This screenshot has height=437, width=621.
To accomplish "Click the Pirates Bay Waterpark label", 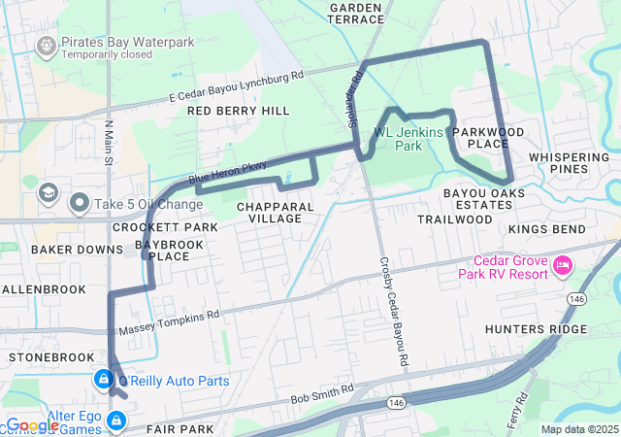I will [127, 43].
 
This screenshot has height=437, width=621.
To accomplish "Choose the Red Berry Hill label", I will [238, 111].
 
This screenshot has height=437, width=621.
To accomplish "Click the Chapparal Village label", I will [276, 212].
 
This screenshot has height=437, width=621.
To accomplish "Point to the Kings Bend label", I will [553, 228].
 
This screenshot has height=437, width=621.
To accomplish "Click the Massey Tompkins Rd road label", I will [169, 323].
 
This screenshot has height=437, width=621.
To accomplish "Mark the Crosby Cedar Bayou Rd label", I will [390, 301].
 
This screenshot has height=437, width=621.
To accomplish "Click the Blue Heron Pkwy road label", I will [227, 172].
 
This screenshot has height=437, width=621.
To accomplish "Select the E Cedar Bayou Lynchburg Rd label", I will [236, 84].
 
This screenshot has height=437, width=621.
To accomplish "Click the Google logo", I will [33, 425].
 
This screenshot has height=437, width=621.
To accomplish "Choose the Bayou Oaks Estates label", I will [483, 200].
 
